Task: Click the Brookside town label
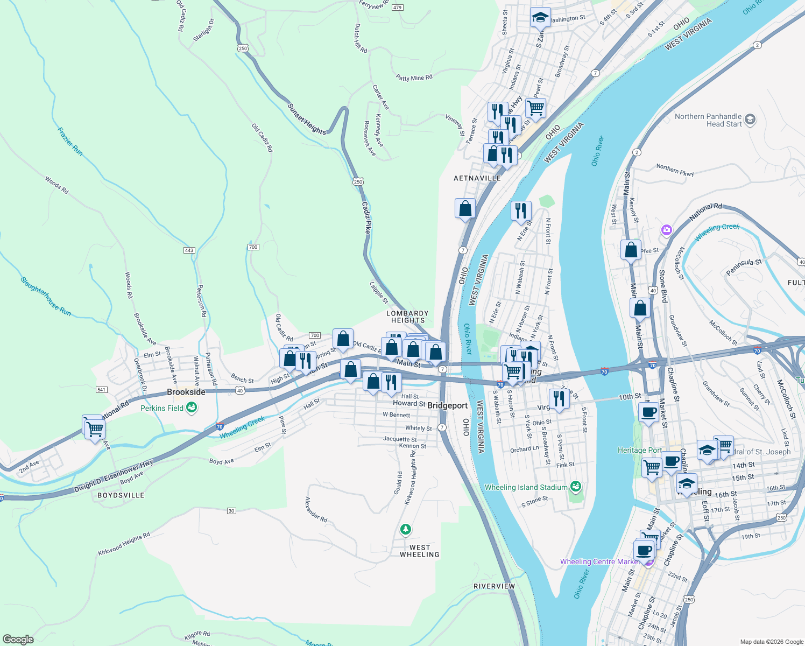186,392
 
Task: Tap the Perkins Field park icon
192,408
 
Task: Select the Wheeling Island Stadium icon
576,487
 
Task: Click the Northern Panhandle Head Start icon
750,120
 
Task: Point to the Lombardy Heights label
407,317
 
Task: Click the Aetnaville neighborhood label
477,178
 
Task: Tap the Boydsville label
121,495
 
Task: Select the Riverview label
494,586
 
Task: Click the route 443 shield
189,250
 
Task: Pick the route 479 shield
398,8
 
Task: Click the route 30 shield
231,511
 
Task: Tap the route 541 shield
102,390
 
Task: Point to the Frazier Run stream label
70,141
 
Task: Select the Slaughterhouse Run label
46,296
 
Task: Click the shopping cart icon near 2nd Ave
95,429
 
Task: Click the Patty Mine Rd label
414,78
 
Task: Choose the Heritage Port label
639,451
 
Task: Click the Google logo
18,640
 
